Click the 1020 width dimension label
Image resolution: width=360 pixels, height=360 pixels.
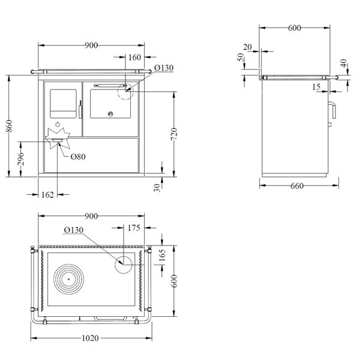coord(90,338)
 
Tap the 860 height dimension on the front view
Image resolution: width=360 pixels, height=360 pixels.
coord(9,126)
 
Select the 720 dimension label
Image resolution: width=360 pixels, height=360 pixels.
coord(174,134)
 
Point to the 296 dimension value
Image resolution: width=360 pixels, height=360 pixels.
coord(20,158)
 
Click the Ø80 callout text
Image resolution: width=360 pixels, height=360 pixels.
coord(78,157)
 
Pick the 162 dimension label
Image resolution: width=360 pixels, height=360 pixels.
coord(47,194)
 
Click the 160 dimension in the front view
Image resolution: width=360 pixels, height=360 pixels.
coord(134,58)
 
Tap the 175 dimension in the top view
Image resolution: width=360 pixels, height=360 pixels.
coord(134,228)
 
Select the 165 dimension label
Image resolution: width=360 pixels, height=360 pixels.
coord(162,255)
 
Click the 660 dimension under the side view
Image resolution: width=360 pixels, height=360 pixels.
coord(297,186)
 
